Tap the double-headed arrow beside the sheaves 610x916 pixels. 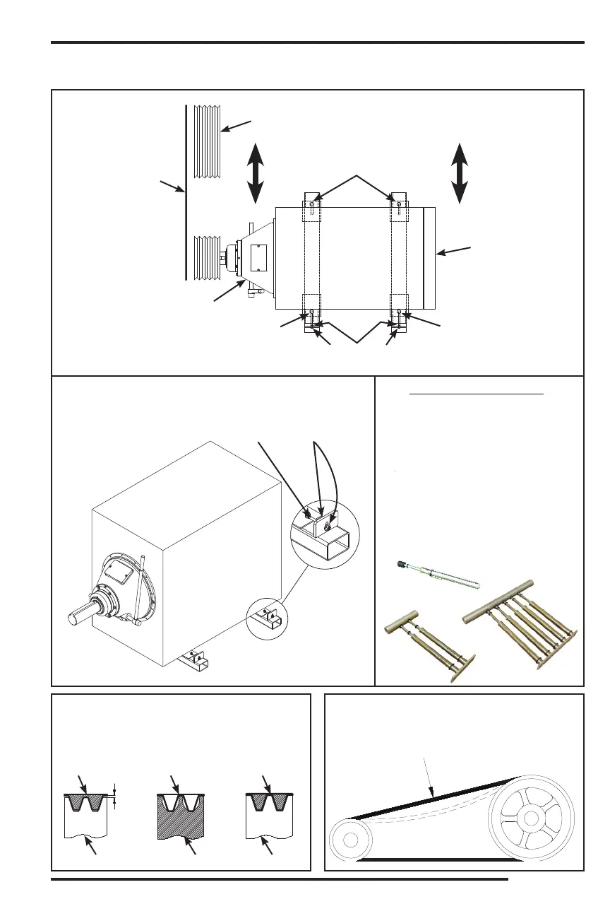click(x=256, y=172)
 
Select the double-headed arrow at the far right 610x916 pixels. click(x=460, y=173)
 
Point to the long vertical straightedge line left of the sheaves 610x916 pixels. click(x=186, y=191)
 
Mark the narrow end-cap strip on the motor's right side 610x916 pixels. click(x=429, y=258)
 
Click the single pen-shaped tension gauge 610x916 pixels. click(x=436, y=575)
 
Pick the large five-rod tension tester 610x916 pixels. click(x=523, y=621)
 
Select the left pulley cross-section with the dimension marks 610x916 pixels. click(x=85, y=813)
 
